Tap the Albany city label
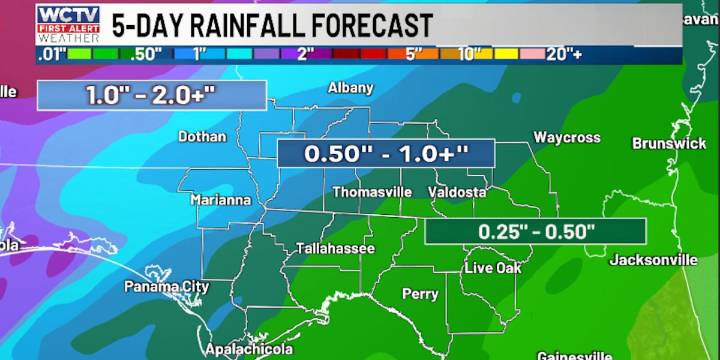[x=350, y=88]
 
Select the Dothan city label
[x=202, y=136]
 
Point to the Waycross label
[x=566, y=137]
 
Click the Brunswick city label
[x=669, y=144]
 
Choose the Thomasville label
[x=372, y=191]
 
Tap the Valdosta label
[x=457, y=191]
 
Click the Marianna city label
[x=221, y=200]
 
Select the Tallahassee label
[x=335, y=248]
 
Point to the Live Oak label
[x=492, y=268]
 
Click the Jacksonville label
[x=654, y=260]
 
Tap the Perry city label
[x=420, y=294]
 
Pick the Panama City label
[x=167, y=287]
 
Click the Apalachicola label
[x=249, y=349]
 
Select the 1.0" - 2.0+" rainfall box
[x=152, y=95]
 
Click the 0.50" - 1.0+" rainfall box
[x=386, y=154]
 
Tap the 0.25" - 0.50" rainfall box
[x=535, y=231]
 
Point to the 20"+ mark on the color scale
[x=563, y=54]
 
